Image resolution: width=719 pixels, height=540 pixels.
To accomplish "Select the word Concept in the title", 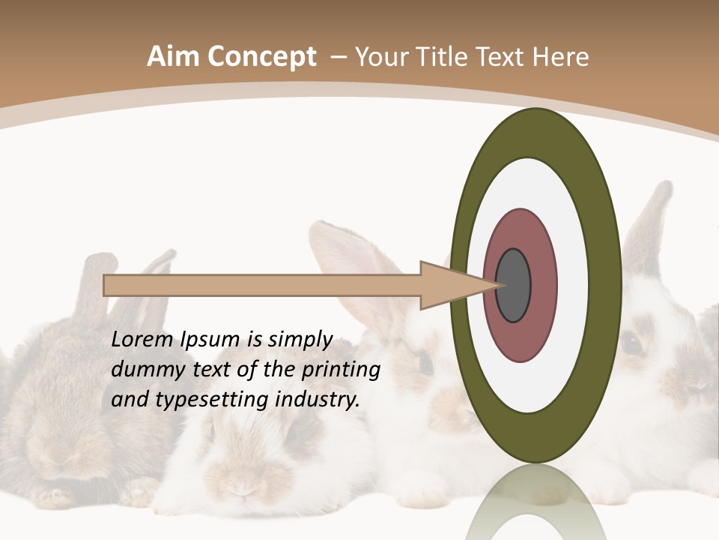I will (262, 57).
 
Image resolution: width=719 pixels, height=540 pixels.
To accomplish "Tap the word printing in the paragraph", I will (341, 370).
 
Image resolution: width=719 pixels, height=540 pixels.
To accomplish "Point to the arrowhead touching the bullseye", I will (457, 286).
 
